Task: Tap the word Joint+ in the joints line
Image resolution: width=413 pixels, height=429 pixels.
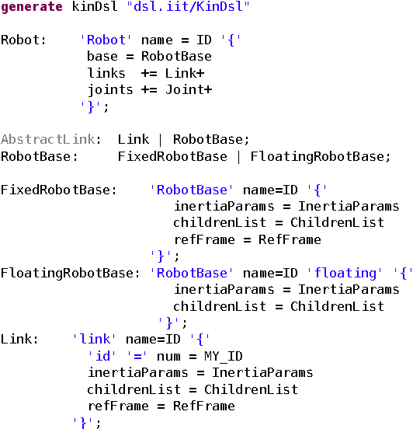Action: [x=189, y=89]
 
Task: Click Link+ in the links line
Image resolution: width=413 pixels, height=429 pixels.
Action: [x=184, y=73]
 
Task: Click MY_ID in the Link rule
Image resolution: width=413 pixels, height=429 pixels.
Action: [x=224, y=356]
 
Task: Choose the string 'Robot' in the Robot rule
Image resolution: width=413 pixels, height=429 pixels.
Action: [x=106, y=40]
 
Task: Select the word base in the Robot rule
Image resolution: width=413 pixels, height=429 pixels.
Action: [x=102, y=56]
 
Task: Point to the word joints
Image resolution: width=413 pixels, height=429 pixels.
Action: [x=109, y=89]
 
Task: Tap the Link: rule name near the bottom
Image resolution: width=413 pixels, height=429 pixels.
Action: [x=16, y=340]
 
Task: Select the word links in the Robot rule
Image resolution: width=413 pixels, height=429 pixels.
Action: [x=106, y=73]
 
